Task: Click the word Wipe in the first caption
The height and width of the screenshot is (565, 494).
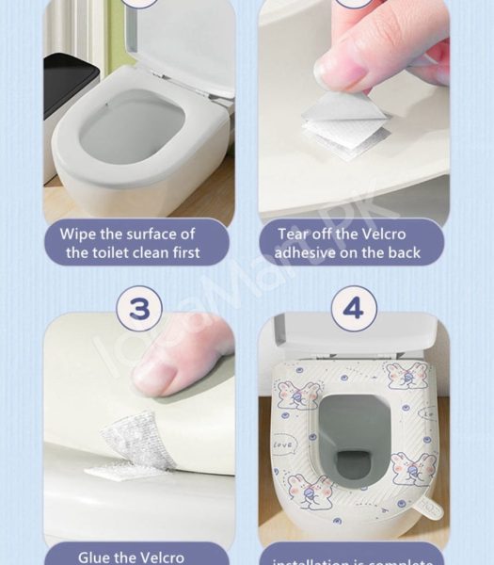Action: coord(79,234)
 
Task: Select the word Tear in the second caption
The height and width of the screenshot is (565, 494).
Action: coord(294,234)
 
